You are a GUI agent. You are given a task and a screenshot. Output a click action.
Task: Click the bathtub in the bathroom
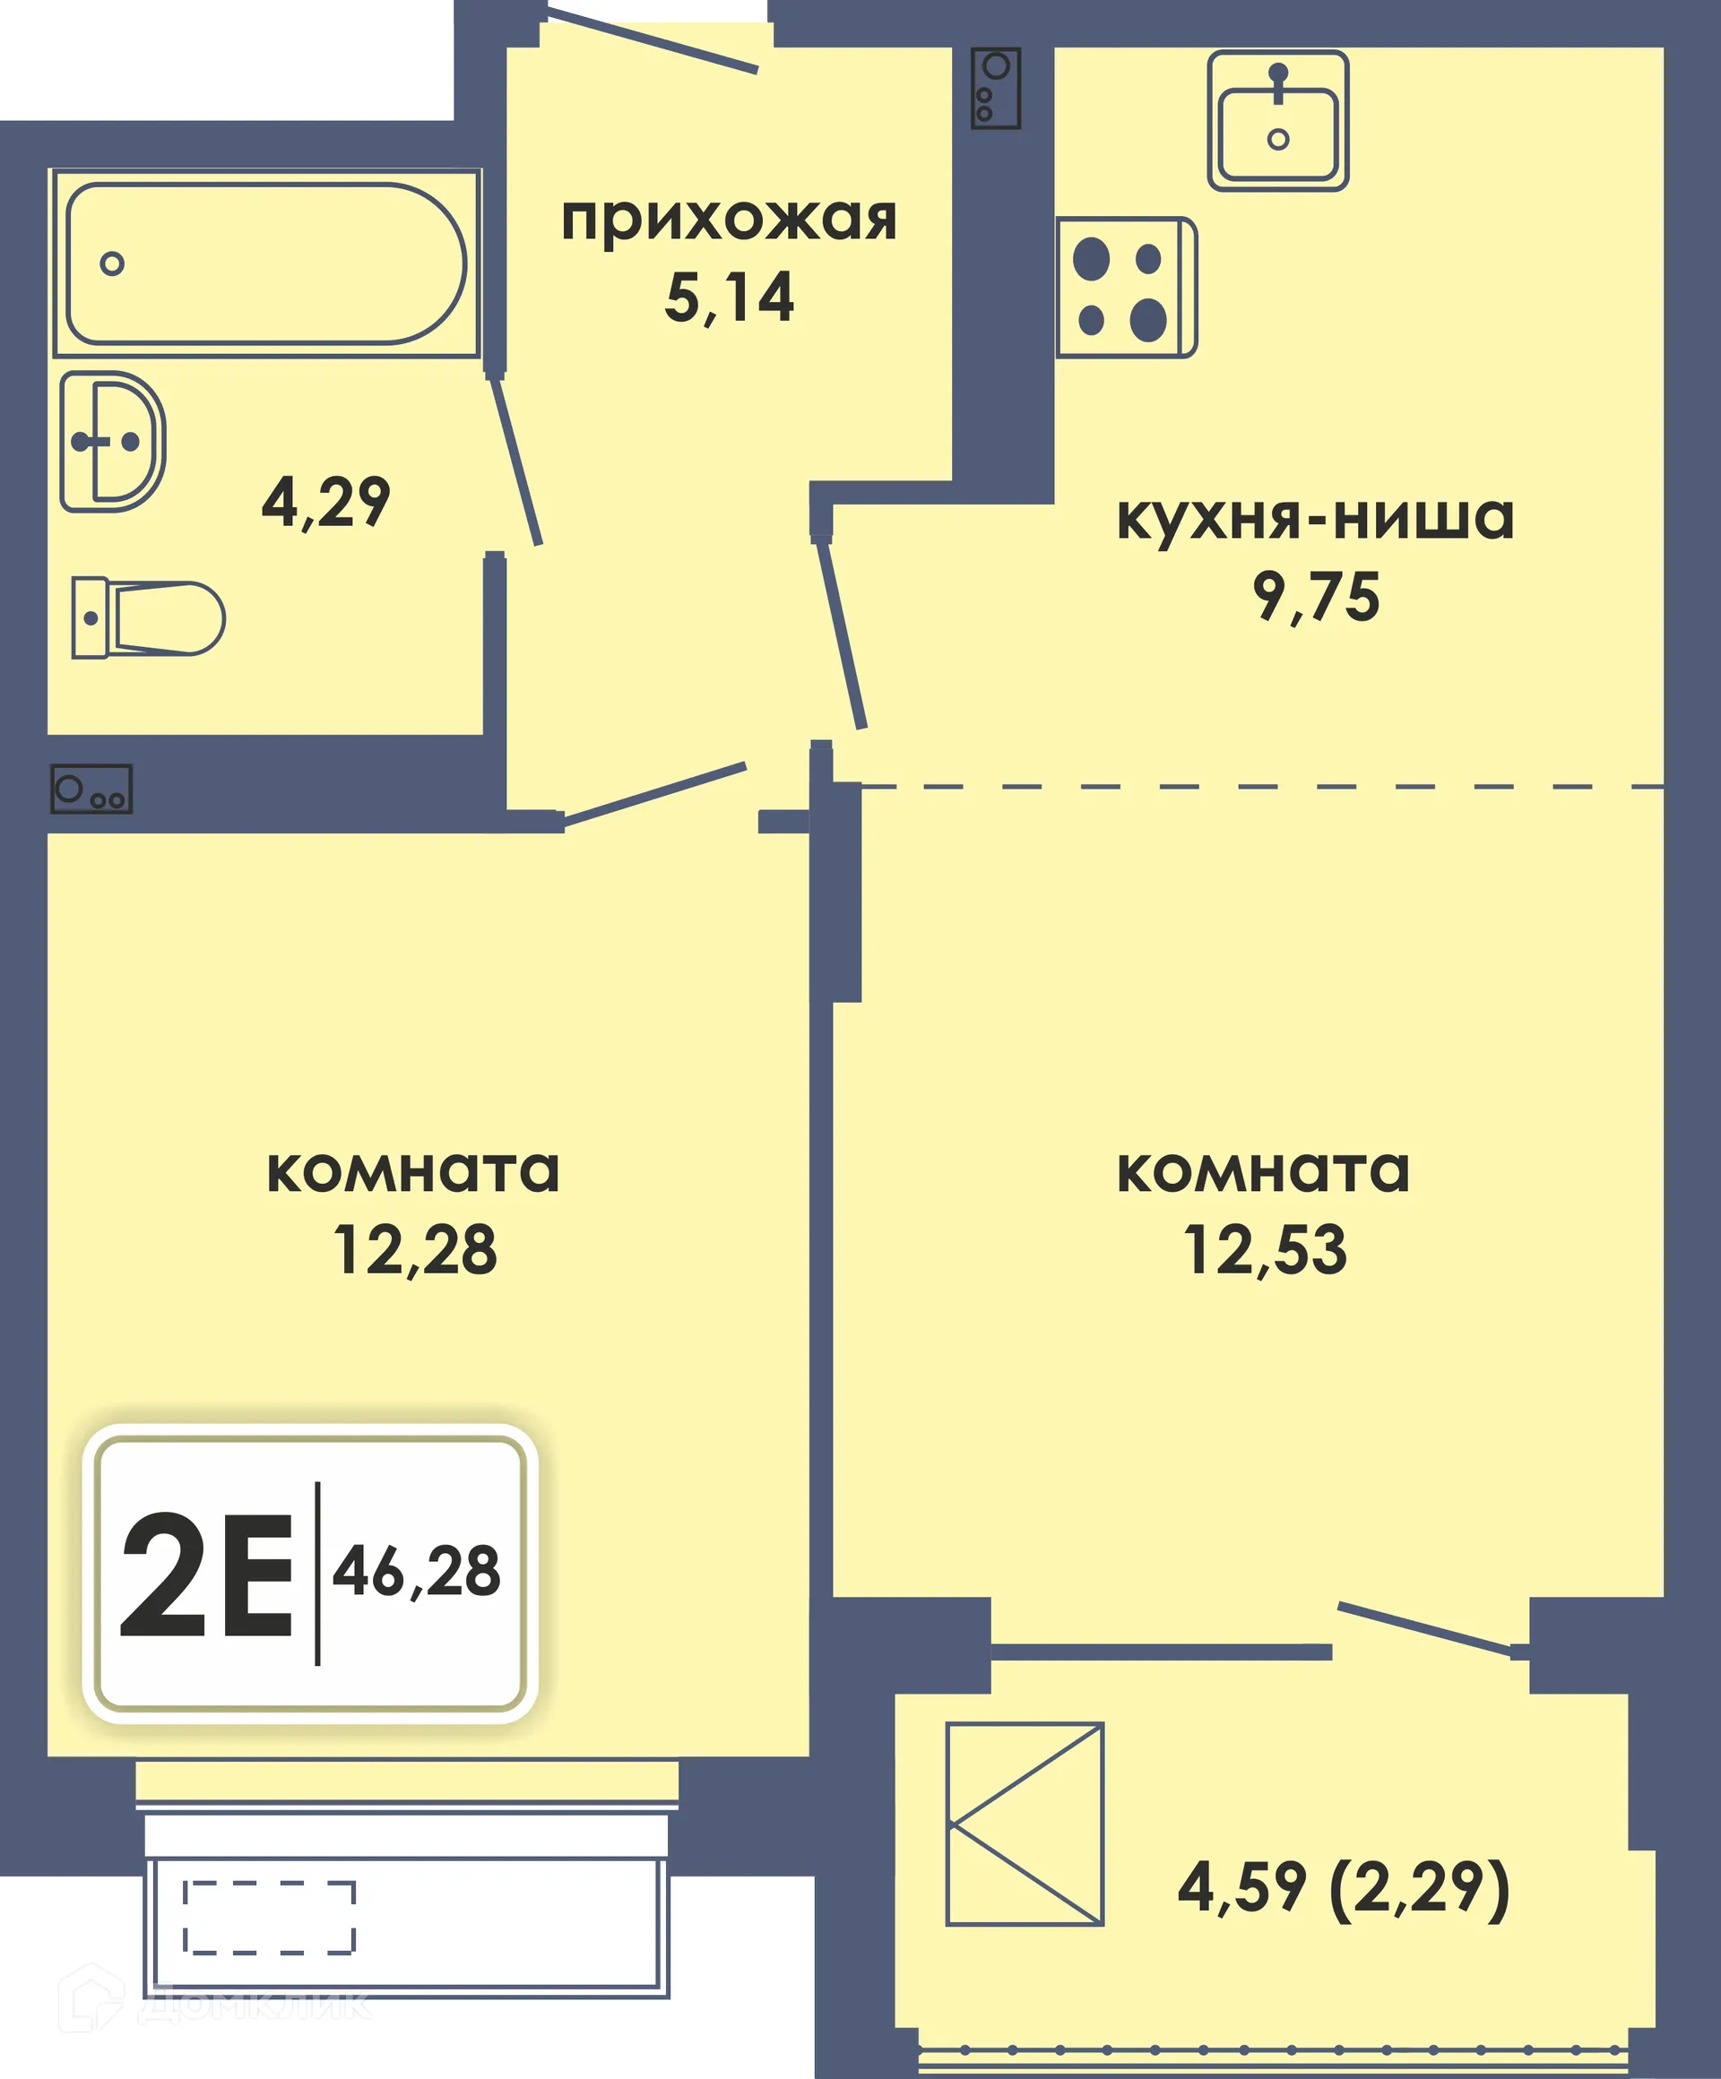click(265, 263)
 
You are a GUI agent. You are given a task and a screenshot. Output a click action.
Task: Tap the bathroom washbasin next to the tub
click(112, 442)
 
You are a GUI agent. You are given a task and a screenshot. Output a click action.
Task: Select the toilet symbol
click(149, 617)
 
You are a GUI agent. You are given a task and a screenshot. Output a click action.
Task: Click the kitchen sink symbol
click(1277, 121)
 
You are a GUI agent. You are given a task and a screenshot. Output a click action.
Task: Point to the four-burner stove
click(1125, 287)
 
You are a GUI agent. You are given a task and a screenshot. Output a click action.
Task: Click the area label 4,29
click(324, 502)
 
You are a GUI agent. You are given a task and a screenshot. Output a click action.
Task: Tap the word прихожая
click(729, 220)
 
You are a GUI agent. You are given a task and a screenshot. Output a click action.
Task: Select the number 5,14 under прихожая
click(729, 296)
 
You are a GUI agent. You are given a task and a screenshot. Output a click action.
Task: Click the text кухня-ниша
click(1315, 517)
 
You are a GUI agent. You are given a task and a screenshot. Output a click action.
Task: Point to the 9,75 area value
click(1315, 597)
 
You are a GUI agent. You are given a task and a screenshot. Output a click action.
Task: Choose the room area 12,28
click(414, 1250)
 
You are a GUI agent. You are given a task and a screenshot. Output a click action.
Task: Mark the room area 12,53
click(1265, 1250)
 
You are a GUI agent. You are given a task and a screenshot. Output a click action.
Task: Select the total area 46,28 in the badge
click(416, 1571)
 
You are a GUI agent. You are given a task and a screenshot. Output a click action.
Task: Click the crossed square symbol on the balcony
click(1024, 1824)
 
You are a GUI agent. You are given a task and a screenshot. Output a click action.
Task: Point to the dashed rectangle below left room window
click(269, 1918)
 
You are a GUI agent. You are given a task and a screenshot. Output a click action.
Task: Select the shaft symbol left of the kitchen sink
click(995, 89)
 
